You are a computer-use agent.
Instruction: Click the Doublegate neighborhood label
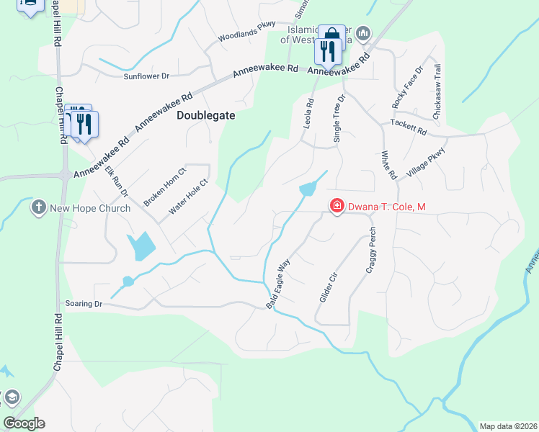coord(206,114)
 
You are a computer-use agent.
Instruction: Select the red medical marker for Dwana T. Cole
coord(336,207)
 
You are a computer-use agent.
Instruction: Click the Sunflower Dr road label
coord(146,76)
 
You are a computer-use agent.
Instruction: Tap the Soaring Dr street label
coord(84,304)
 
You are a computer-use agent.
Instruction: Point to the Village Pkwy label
coord(427,163)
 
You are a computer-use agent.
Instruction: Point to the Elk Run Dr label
coord(117,181)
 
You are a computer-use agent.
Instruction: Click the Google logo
coord(24,423)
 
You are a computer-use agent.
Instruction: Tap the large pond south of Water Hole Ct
coord(143,246)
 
